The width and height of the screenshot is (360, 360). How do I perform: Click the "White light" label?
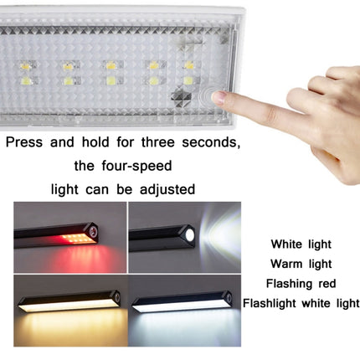[300, 244]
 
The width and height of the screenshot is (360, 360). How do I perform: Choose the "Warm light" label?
[300, 264]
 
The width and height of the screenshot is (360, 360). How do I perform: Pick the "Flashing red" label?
[300, 283]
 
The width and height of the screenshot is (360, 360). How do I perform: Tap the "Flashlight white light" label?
[300, 302]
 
